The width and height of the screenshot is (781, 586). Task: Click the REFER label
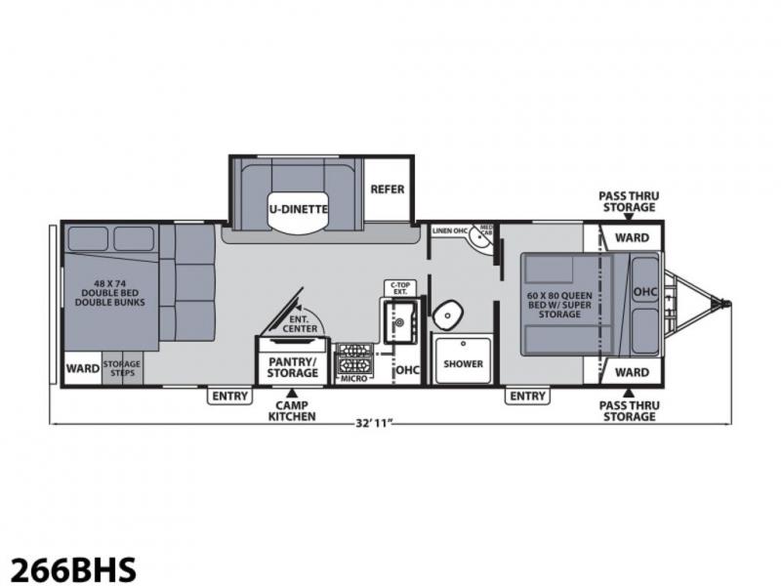coord(388,189)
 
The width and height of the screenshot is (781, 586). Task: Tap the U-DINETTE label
coord(299,209)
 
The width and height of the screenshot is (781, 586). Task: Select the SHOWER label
coord(463,363)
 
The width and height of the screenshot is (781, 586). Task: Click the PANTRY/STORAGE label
coord(292,367)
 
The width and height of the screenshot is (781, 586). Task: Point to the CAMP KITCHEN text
coord(292,411)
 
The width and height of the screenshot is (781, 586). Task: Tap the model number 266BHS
coord(73,569)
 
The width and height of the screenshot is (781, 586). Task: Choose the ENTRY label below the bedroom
coord(528,397)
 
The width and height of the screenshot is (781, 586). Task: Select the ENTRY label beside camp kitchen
coord(229,397)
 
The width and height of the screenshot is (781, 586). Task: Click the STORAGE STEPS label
coord(122,368)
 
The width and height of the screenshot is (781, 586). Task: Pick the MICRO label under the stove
coord(354,379)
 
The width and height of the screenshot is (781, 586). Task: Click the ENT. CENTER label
coord(300,324)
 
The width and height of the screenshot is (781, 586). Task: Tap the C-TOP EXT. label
coord(400,288)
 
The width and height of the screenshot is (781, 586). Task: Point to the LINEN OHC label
coord(450,230)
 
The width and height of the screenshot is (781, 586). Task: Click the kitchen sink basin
coord(399,322)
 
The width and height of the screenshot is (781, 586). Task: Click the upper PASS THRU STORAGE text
coord(629,201)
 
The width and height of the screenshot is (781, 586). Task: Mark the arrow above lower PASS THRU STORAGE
coord(629,393)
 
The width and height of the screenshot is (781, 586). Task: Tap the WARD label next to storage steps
coord(83,369)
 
